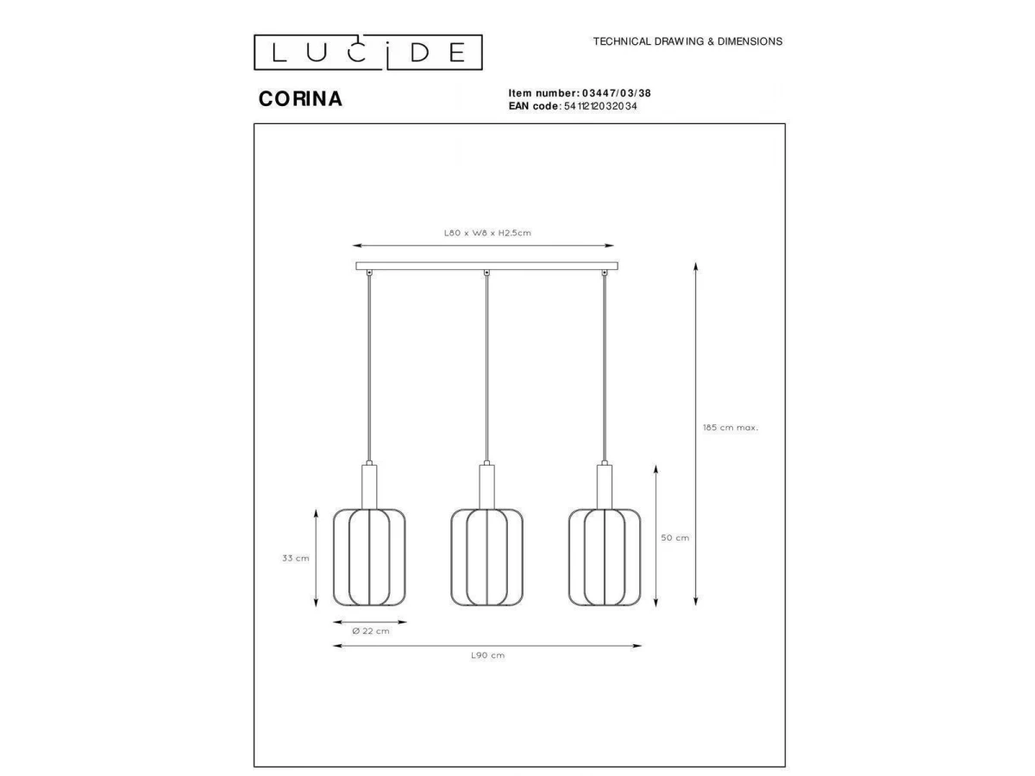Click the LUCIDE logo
[367, 52]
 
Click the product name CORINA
[300, 98]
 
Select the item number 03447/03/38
[617, 93]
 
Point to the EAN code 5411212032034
[600, 106]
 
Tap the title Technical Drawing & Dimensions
[687, 41]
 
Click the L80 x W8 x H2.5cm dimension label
[487, 233]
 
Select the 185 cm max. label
[731, 428]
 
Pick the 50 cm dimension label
[674, 537]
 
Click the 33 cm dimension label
[296, 558]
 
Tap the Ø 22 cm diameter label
[371, 631]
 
